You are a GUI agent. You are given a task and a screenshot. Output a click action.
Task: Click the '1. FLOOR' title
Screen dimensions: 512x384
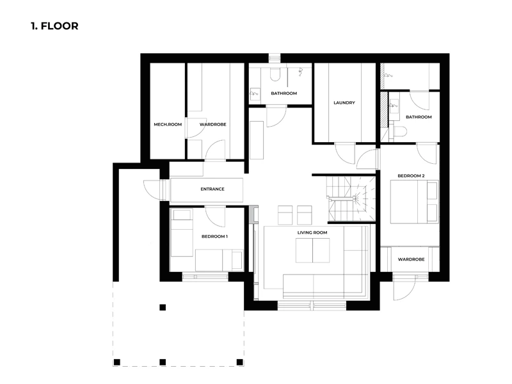(54, 26)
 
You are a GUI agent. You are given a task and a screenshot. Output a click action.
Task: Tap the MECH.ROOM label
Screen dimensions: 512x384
(168, 124)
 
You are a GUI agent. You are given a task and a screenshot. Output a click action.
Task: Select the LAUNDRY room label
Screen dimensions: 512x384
(344, 102)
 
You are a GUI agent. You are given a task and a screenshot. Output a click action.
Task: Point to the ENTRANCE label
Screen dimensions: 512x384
(212, 189)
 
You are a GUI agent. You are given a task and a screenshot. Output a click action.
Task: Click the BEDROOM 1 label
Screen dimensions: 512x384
(214, 236)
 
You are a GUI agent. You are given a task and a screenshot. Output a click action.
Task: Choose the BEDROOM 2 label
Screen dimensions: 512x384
(411, 175)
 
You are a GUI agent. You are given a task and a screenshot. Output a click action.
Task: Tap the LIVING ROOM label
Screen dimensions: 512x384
(312, 232)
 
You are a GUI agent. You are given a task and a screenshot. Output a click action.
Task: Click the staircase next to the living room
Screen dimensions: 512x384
(351, 198)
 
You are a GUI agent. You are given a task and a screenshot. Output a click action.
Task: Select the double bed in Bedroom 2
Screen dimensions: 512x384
(414, 202)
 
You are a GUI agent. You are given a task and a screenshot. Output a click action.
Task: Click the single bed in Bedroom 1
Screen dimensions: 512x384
(182, 233)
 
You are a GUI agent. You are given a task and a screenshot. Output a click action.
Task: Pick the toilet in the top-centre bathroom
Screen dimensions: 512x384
(275, 74)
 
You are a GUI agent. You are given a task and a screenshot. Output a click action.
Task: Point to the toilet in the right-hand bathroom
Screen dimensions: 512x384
(399, 132)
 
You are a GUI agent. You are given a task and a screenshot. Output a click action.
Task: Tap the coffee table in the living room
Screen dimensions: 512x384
(312, 250)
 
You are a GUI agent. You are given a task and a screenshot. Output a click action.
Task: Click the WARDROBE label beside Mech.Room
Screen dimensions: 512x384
(213, 124)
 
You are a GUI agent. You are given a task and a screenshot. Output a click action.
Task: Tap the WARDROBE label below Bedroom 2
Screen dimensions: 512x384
(411, 259)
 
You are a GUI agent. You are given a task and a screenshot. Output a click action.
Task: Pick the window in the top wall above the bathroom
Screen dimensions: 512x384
(275, 58)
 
